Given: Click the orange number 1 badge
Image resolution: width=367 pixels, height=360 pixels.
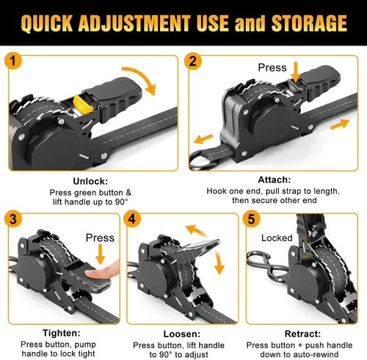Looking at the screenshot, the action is click(12, 61).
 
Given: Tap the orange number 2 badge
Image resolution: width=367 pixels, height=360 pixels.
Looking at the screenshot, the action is click(193, 61).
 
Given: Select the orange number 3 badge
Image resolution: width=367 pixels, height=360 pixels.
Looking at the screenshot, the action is click(12, 218).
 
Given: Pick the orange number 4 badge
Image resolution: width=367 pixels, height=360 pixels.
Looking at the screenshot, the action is click(132, 218).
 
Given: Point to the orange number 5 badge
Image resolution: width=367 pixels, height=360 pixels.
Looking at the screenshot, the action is click(251, 218).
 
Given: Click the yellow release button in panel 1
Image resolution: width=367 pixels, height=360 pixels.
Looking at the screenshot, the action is click(83, 105).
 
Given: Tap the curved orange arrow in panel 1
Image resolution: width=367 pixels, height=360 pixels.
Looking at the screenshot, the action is click(142, 78).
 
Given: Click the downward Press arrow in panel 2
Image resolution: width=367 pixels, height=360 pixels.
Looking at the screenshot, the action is click(296, 72).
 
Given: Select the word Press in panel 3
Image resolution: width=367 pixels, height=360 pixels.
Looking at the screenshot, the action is click(100, 238).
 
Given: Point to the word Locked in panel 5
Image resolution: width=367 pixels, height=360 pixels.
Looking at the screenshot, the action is click(277, 238).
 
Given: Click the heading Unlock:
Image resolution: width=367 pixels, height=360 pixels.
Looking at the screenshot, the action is click(90, 181).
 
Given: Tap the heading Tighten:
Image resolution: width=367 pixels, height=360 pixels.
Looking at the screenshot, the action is click(61, 333).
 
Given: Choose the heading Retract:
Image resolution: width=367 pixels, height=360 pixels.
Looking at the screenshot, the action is click(302, 334).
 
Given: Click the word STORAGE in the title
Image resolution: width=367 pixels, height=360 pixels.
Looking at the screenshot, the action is click(309, 23).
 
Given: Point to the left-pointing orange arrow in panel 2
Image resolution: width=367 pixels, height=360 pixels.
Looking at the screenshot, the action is click(203, 139).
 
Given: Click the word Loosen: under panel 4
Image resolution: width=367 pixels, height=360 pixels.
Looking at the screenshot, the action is click(181, 334).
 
